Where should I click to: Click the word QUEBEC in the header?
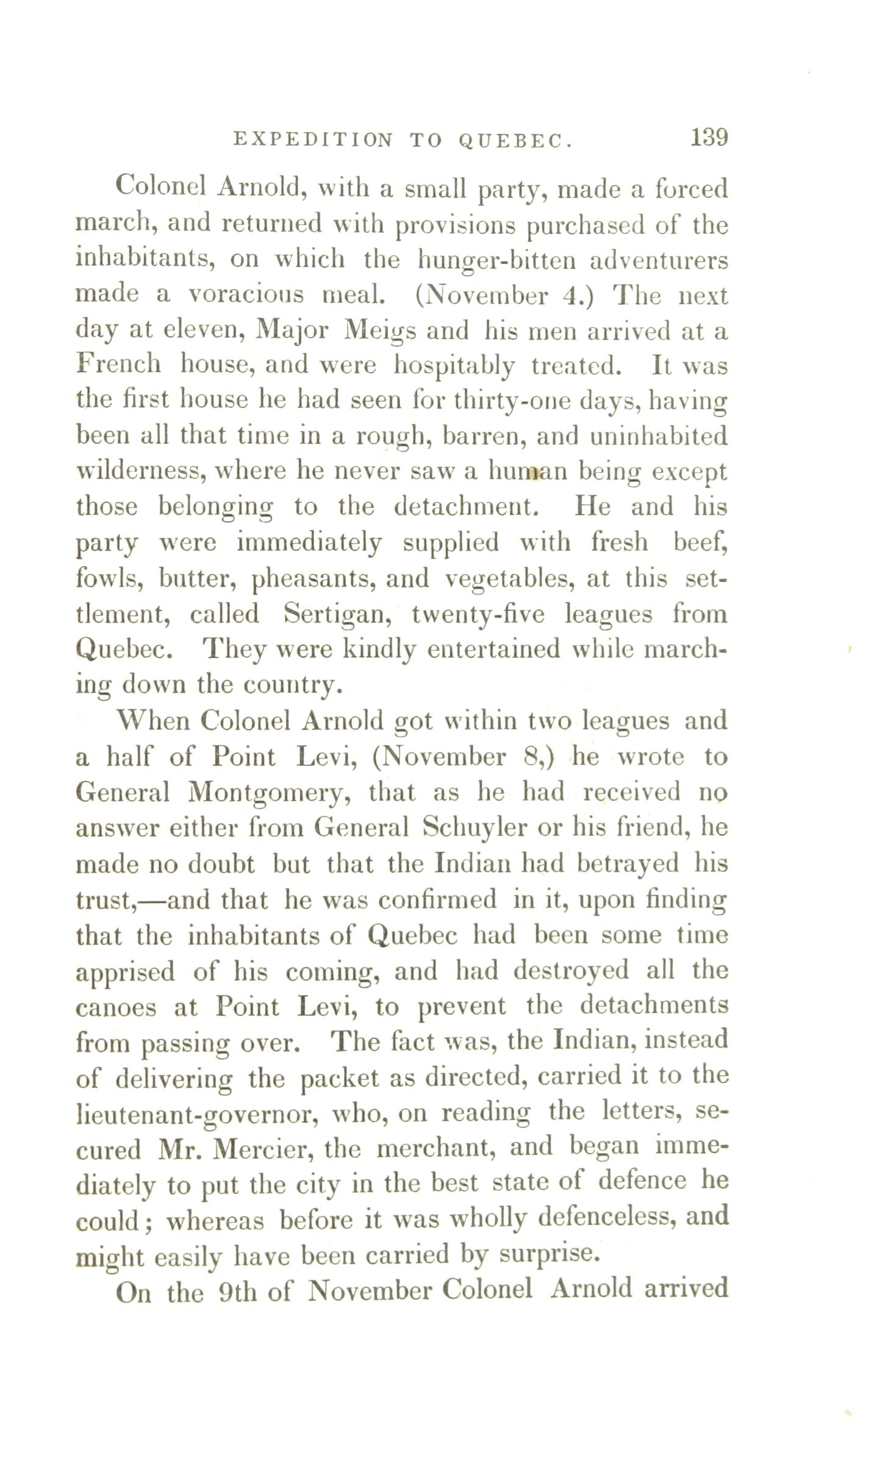[515, 141]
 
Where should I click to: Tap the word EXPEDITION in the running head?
[313, 141]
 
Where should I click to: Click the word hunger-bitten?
[496, 260]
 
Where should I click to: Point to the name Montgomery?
[269, 793]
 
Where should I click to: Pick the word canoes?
[115, 1007]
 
